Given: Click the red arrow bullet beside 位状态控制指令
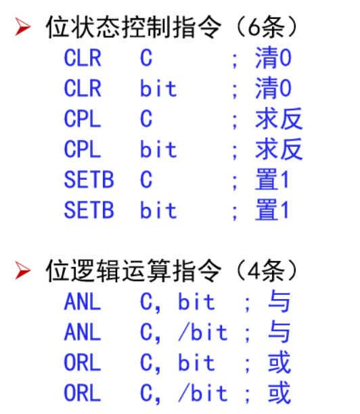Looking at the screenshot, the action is click(x=22, y=26).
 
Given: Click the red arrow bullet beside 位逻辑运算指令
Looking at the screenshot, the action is click(x=22, y=270).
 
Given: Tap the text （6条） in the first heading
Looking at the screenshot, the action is click(x=267, y=26).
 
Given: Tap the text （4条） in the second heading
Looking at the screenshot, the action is click(x=267, y=271).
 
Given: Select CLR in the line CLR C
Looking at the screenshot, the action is click(x=83, y=58).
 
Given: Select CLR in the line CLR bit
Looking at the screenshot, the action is click(x=83, y=89).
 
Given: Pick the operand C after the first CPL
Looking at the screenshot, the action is click(x=146, y=119).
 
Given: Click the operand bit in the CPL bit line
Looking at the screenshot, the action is click(x=158, y=149).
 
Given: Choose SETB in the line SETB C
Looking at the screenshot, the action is click(x=89, y=179).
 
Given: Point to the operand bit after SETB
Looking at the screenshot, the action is click(x=158, y=210).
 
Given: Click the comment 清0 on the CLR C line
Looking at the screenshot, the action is click(x=273, y=57).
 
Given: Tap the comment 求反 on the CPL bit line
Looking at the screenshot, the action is click(x=279, y=149).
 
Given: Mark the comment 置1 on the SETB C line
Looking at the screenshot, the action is click(x=272, y=179).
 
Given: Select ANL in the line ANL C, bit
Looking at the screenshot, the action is click(x=83, y=302).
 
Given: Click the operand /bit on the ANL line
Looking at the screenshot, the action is click(x=202, y=332).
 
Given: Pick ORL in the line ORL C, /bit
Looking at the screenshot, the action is click(x=83, y=393).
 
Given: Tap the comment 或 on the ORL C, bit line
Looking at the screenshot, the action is click(x=279, y=363).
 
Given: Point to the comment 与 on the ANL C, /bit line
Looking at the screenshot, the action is click(x=279, y=331).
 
